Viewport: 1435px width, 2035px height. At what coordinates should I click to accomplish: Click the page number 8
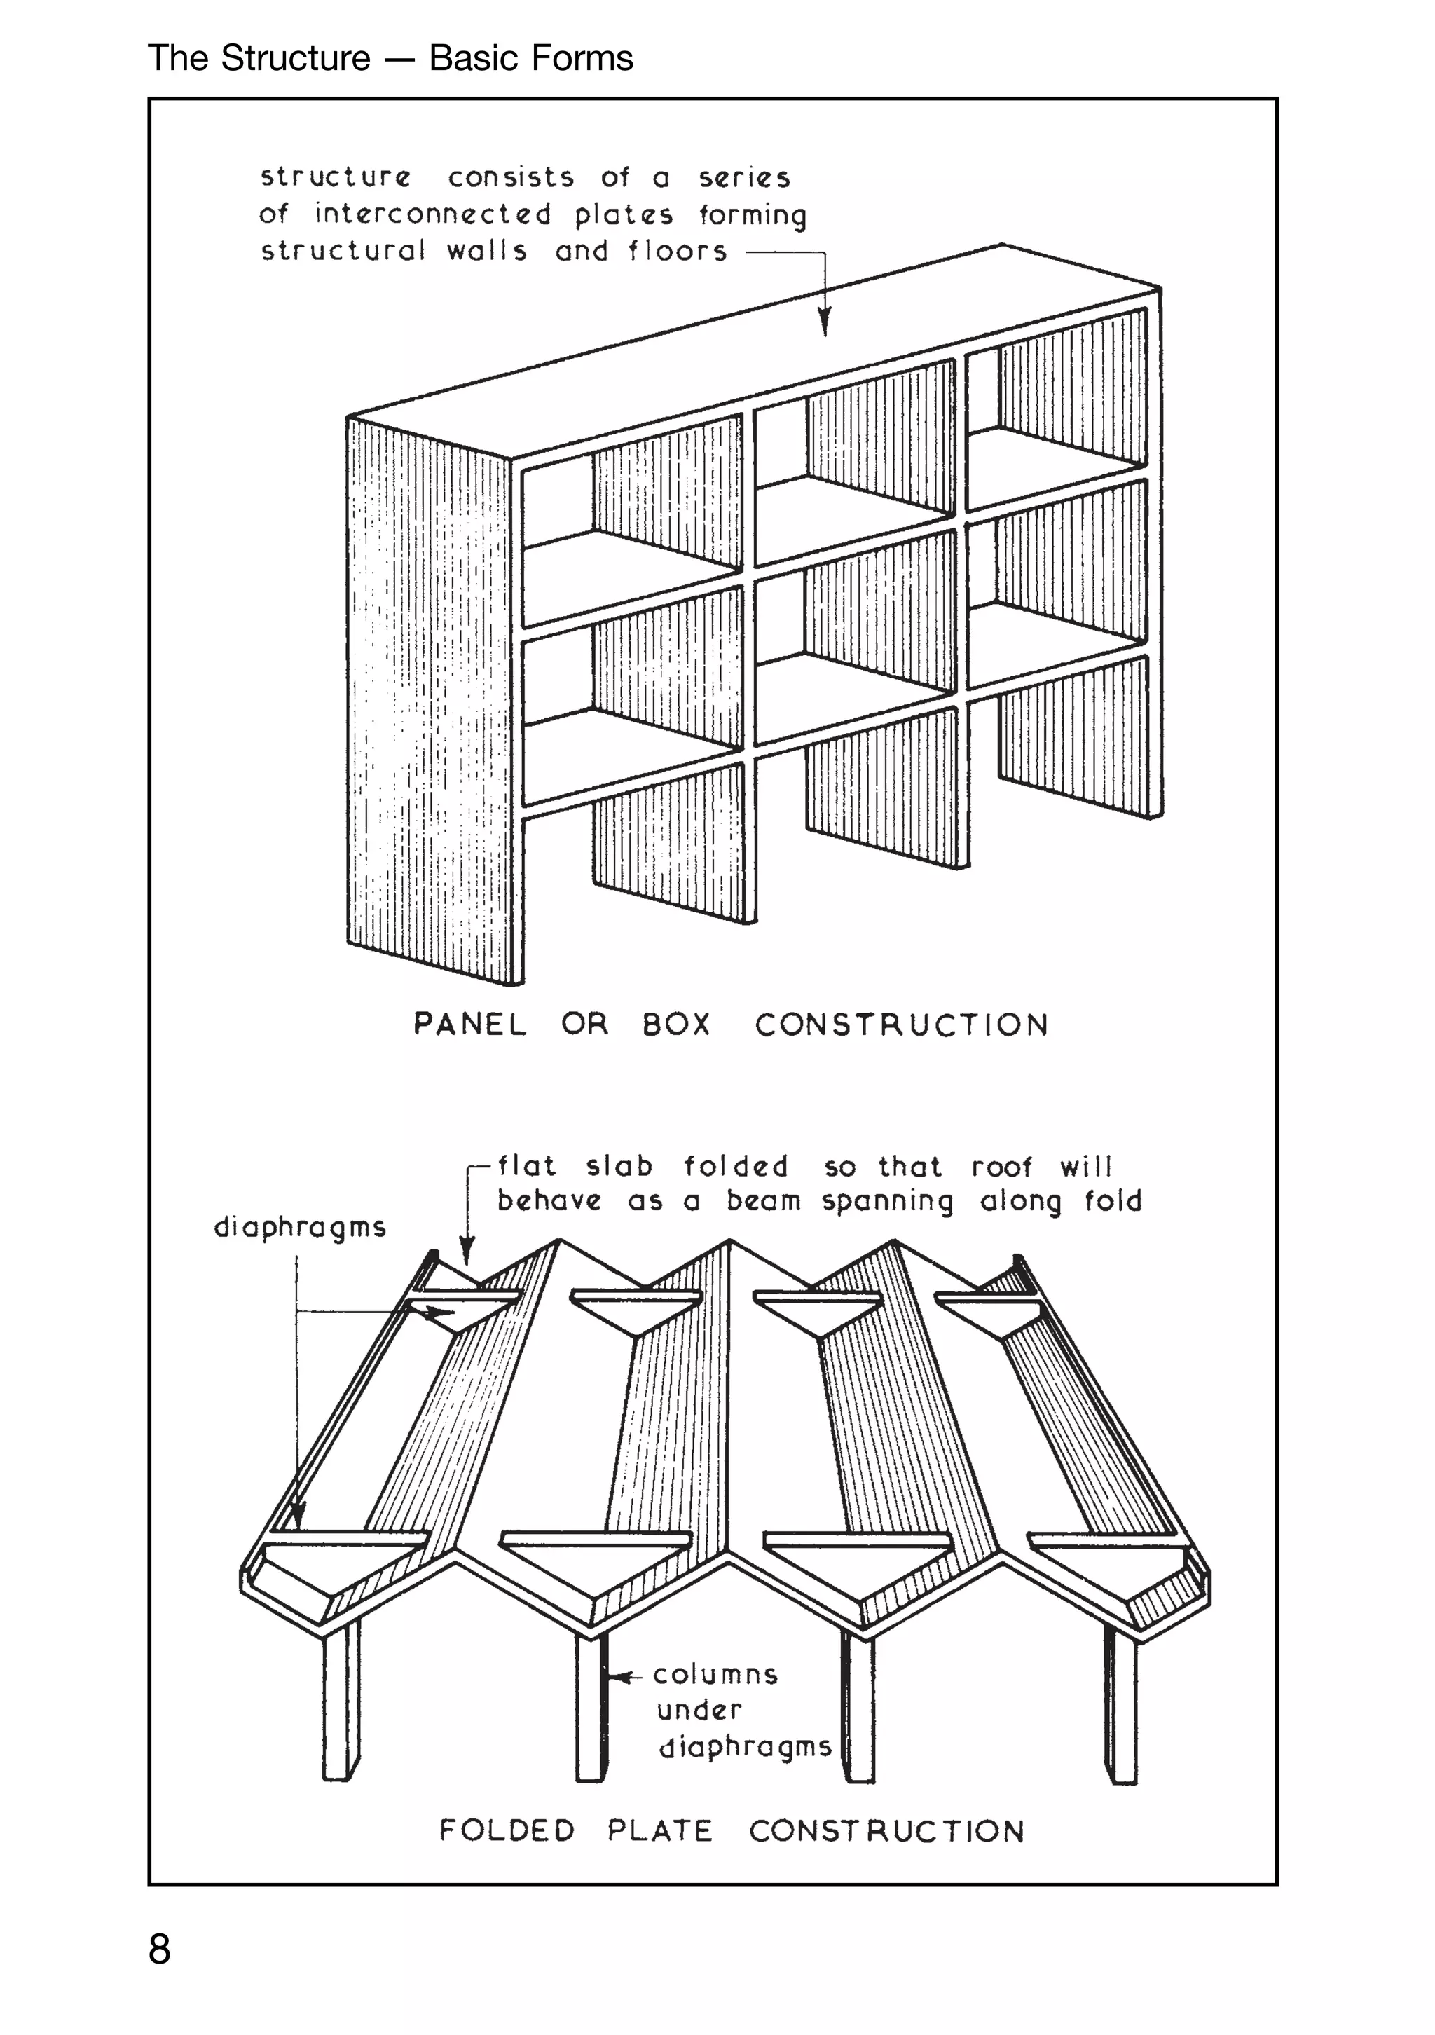click(160, 1949)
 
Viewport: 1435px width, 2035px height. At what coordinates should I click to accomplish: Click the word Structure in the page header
click(295, 58)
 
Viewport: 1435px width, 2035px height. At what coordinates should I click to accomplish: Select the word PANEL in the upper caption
click(469, 1025)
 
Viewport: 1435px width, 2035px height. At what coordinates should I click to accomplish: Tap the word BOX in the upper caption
click(676, 1025)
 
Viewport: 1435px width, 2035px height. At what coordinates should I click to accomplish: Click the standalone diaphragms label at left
click(300, 1228)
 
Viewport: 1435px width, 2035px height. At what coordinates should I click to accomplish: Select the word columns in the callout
click(715, 1674)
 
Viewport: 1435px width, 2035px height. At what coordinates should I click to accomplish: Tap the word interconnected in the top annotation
click(432, 214)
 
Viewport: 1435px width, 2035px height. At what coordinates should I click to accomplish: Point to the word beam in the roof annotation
click(763, 1201)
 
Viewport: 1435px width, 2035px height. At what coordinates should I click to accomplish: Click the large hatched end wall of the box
click(428, 700)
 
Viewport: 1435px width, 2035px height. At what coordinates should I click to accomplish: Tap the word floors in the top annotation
click(678, 252)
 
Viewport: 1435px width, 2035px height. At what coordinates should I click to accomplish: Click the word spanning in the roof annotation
click(887, 1202)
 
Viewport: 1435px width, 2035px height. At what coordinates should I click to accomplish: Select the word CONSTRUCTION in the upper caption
click(901, 1025)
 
